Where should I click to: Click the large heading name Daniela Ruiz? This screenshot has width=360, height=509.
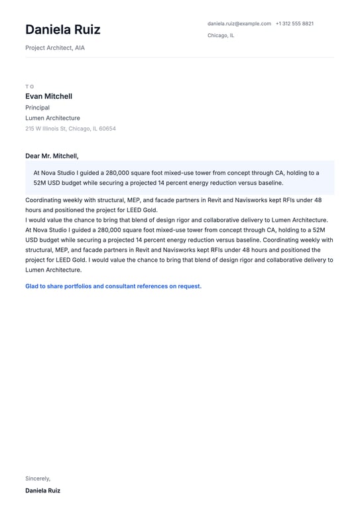click(63, 30)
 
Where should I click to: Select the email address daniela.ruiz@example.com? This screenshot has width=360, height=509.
click(239, 24)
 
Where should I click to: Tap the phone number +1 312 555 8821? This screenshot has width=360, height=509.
click(294, 24)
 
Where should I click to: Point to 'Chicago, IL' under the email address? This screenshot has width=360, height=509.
click(221, 36)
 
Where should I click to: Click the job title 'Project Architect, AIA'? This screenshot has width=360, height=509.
click(55, 48)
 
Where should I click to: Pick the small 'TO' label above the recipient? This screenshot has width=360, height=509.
click(29, 86)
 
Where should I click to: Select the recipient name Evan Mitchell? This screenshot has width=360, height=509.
click(48, 97)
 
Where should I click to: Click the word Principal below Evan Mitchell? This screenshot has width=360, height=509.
click(37, 107)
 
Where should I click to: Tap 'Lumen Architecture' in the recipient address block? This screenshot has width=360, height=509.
click(52, 118)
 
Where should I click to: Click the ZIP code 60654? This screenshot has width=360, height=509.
click(107, 129)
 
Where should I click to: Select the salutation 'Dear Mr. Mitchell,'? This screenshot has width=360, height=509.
click(52, 156)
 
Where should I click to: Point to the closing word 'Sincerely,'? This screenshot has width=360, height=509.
click(38, 479)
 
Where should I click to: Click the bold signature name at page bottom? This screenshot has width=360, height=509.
click(42, 491)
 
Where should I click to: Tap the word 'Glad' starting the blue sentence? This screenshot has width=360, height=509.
click(32, 286)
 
